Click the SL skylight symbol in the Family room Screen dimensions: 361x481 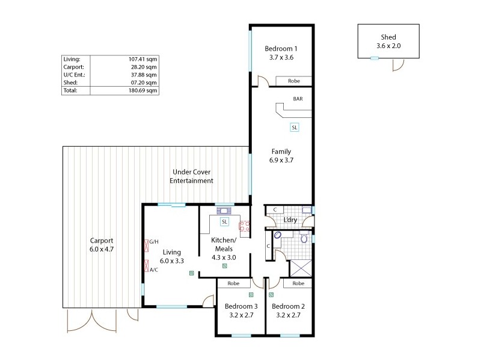(x=295, y=128)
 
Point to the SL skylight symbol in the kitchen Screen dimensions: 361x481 (x=224, y=221)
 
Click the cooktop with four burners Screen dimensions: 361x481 (x=245, y=226)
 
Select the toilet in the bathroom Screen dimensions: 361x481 (x=305, y=238)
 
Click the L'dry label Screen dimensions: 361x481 (x=291, y=220)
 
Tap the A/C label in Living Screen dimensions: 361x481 (x=153, y=270)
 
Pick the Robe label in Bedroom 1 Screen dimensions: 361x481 (x=294, y=81)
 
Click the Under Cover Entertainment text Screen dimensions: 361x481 (x=191, y=176)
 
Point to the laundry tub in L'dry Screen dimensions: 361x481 (x=307, y=209)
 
